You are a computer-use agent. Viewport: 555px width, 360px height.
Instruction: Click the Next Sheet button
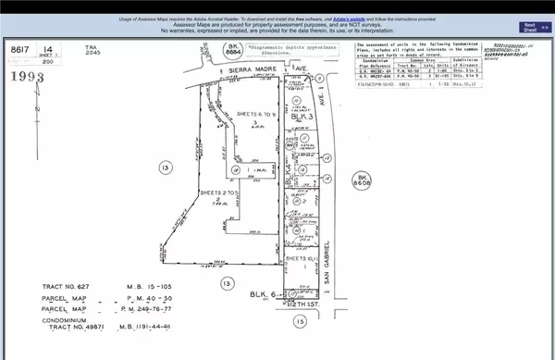(x=529, y=27)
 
